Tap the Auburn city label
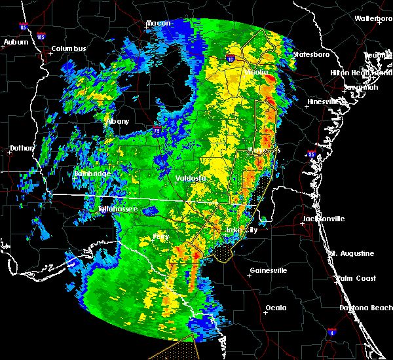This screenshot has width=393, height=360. [16, 42]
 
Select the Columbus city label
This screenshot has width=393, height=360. [69, 48]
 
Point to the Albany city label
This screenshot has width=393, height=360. [118, 121]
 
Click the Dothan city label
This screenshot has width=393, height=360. [22, 148]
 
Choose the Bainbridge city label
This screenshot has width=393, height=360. [92, 173]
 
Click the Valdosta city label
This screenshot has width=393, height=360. [191, 178]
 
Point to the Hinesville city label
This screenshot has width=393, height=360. [326, 101]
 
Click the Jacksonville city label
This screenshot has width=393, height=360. [323, 218]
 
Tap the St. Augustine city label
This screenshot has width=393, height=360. [352, 253]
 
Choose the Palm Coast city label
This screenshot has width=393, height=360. [356, 278]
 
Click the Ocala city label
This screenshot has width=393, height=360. [276, 307]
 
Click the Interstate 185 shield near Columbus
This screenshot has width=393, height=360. [41, 36]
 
